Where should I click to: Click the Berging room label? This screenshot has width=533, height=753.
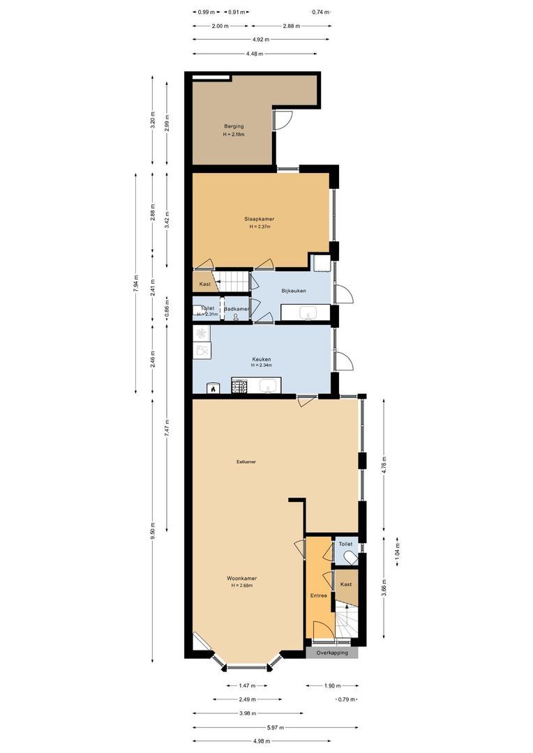234,125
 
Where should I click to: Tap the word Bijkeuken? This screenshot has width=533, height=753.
294,290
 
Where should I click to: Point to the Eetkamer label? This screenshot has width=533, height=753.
246,462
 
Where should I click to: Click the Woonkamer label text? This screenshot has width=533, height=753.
241,578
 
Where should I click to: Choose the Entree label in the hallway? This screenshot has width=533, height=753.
319,595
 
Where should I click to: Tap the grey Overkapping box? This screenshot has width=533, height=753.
331,653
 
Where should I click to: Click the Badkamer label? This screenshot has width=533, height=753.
237,308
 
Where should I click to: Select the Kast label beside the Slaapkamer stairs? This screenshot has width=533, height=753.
205,284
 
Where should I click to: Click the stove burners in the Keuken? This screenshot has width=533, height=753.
240,386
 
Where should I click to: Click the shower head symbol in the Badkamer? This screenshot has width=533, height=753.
237,317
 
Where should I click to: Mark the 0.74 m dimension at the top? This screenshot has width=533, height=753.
320,12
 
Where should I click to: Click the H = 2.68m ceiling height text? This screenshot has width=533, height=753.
241,586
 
